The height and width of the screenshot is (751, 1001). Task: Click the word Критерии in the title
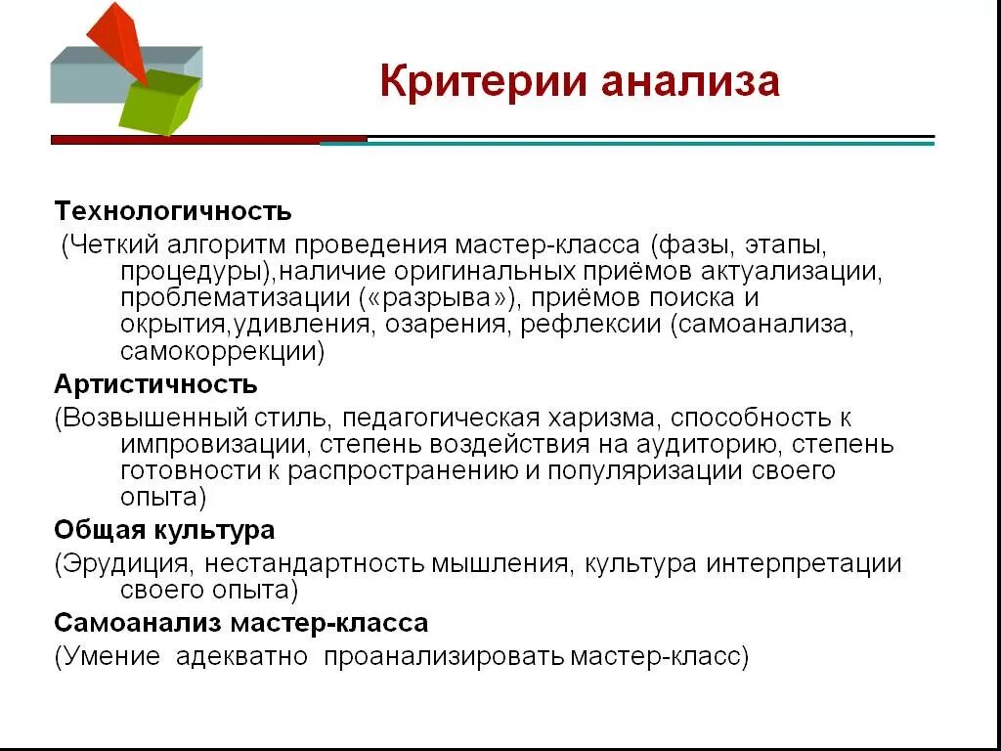click(x=484, y=82)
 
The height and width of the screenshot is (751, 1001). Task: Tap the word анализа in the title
click(x=690, y=82)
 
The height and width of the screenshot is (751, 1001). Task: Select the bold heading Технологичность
click(x=173, y=211)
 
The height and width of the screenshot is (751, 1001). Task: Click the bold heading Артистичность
click(x=156, y=383)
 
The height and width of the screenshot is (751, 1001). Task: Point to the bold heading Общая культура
click(x=164, y=530)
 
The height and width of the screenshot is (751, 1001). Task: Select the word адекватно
click(x=242, y=656)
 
